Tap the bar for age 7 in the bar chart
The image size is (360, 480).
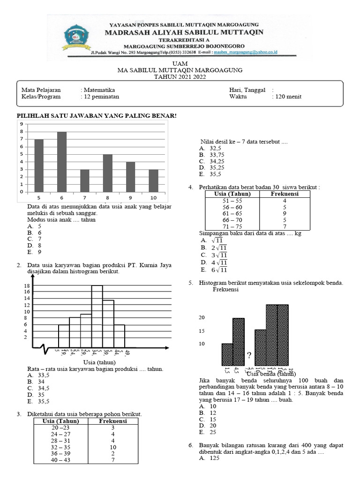(85, 180)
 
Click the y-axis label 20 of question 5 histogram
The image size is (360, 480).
(202, 318)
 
